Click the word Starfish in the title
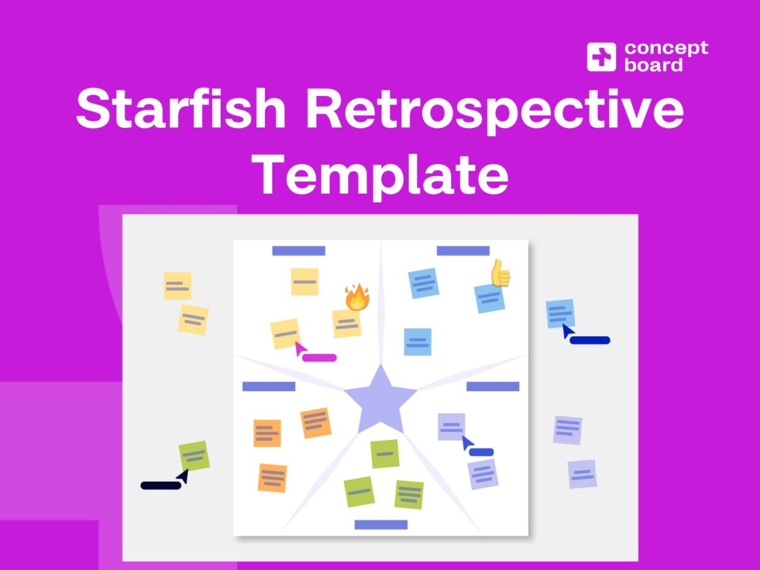(x=181, y=109)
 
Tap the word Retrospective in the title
(x=494, y=109)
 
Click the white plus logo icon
(x=601, y=57)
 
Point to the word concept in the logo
(x=666, y=48)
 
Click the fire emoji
(x=357, y=297)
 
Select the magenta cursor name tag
(x=319, y=358)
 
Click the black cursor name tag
(x=161, y=485)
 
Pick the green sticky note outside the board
(x=194, y=456)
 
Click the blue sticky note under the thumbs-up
(x=489, y=298)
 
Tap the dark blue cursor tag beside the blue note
(x=589, y=340)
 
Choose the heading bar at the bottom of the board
(x=381, y=524)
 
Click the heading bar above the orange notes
(x=269, y=386)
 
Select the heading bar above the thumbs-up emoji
(x=463, y=251)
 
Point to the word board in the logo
(x=654, y=65)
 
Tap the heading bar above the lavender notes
(x=492, y=386)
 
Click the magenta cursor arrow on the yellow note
(x=299, y=348)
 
